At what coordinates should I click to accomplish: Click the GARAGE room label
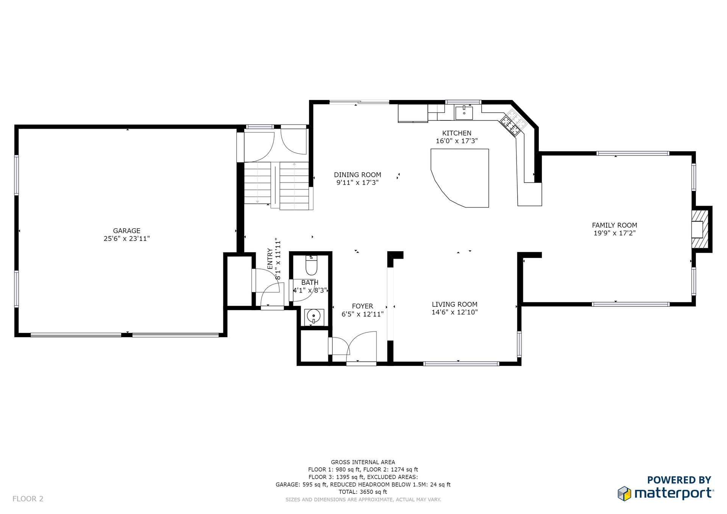pos(126,231)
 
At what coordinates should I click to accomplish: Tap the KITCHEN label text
pos(457,133)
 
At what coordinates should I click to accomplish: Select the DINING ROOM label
pos(357,175)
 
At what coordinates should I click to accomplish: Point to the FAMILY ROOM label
pos(615,225)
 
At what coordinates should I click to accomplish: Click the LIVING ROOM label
pos(454,304)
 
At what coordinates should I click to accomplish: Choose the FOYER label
pos(362,306)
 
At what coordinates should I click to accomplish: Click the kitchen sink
pos(464,112)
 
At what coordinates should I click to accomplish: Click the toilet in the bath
pos(311,265)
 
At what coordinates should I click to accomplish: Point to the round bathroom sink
pos(314,316)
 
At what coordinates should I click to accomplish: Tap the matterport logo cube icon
pos(624,493)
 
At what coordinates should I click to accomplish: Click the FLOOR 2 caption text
pos(28,499)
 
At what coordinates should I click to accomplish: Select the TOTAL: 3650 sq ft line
pos(363,492)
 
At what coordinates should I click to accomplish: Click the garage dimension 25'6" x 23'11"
pos(126,239)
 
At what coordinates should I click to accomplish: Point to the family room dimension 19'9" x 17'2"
pos(615,233)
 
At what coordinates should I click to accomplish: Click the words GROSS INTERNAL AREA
pos(363,462)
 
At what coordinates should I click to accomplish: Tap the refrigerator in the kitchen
pos(413,113)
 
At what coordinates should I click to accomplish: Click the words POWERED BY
pos(679,480)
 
